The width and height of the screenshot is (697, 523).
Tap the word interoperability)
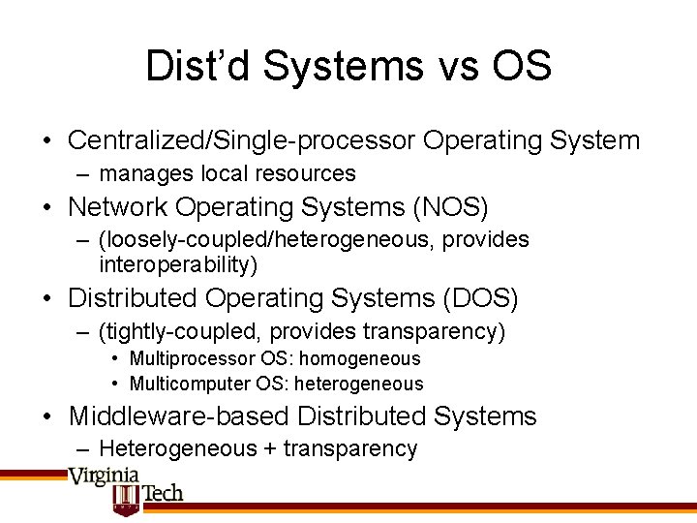point(178,264)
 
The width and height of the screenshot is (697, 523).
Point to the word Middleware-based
point(178,416)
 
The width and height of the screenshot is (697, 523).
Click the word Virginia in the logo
point(104,477)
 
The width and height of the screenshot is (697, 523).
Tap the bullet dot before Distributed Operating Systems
point(47,299)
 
